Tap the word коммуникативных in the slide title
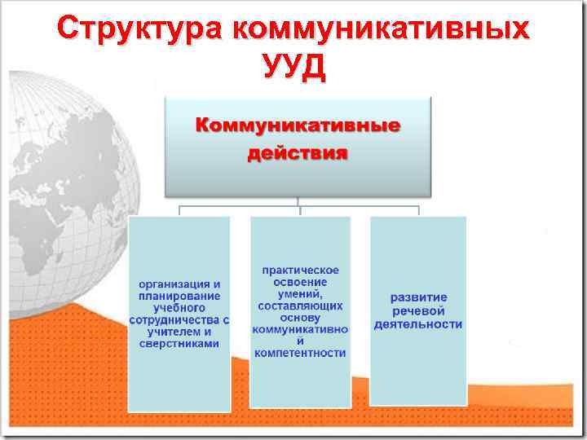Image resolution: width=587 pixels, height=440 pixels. tap(380, 29)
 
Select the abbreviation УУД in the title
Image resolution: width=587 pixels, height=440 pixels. tap(293, 67)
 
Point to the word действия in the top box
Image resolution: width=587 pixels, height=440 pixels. tap(298, 153)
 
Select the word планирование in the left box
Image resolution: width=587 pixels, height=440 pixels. tap(179, 297)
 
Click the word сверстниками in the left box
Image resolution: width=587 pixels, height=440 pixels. tap(179, 344)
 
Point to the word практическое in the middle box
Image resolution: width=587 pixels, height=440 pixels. tap(300, 270)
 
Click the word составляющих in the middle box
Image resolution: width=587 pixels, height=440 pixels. tap(300, 306)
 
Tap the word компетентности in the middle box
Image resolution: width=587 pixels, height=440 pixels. tap(300, 353)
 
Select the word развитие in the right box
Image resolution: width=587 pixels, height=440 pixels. tap(417, 298)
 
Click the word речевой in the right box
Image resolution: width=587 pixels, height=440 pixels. tap(417, 311)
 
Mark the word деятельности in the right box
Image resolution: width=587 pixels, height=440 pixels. tap(417, 324)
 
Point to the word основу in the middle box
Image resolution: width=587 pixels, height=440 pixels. tap(300, 317)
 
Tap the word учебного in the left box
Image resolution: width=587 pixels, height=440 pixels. tap(179, 309)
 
